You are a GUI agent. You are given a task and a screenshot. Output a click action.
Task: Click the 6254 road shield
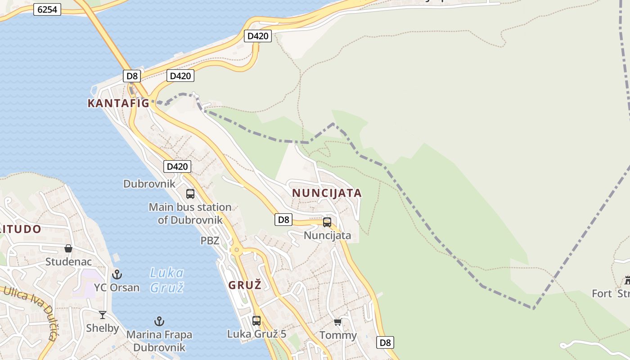47,9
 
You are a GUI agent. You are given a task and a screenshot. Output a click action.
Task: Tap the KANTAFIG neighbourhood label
118,103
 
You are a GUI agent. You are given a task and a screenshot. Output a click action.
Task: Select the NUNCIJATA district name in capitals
327,193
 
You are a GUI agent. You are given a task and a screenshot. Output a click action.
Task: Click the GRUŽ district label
245,285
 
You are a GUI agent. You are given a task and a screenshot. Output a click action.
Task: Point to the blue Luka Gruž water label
166,280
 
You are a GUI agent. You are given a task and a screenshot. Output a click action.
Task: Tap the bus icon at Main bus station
190,194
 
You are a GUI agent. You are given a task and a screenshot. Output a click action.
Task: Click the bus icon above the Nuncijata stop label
327,222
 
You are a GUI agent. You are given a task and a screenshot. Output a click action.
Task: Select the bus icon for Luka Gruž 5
256,321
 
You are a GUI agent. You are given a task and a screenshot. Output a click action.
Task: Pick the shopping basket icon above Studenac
68,248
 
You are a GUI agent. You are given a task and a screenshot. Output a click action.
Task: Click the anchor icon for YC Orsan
117,274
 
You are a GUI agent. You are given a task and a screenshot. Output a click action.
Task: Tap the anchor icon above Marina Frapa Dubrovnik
159,321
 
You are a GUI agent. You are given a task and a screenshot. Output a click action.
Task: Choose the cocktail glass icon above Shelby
103,315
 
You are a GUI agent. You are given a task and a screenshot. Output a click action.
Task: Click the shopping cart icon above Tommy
338,322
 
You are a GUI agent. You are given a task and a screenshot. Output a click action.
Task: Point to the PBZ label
210,241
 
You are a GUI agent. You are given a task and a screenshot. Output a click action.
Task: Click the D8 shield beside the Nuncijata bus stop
283,220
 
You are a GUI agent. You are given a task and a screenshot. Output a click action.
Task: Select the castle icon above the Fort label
627,280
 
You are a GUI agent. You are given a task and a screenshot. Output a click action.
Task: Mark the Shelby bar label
103,328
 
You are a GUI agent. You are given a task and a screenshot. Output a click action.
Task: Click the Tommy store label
338,335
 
